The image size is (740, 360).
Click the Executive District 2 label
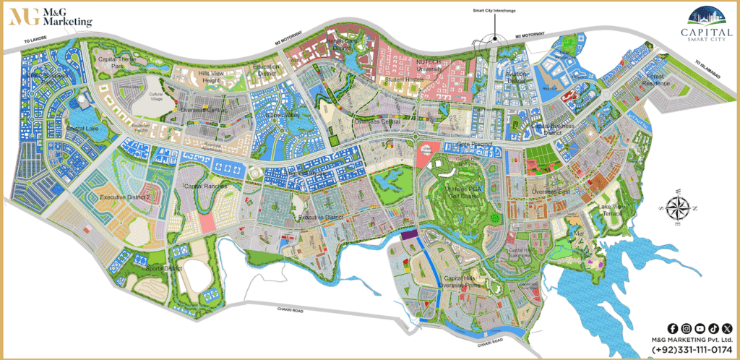click(x=124, y=197)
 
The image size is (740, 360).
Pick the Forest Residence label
click(x=637, y=82)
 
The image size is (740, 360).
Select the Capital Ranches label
click(x=205, y=186)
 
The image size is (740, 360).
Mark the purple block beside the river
click(x=410, y=234)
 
